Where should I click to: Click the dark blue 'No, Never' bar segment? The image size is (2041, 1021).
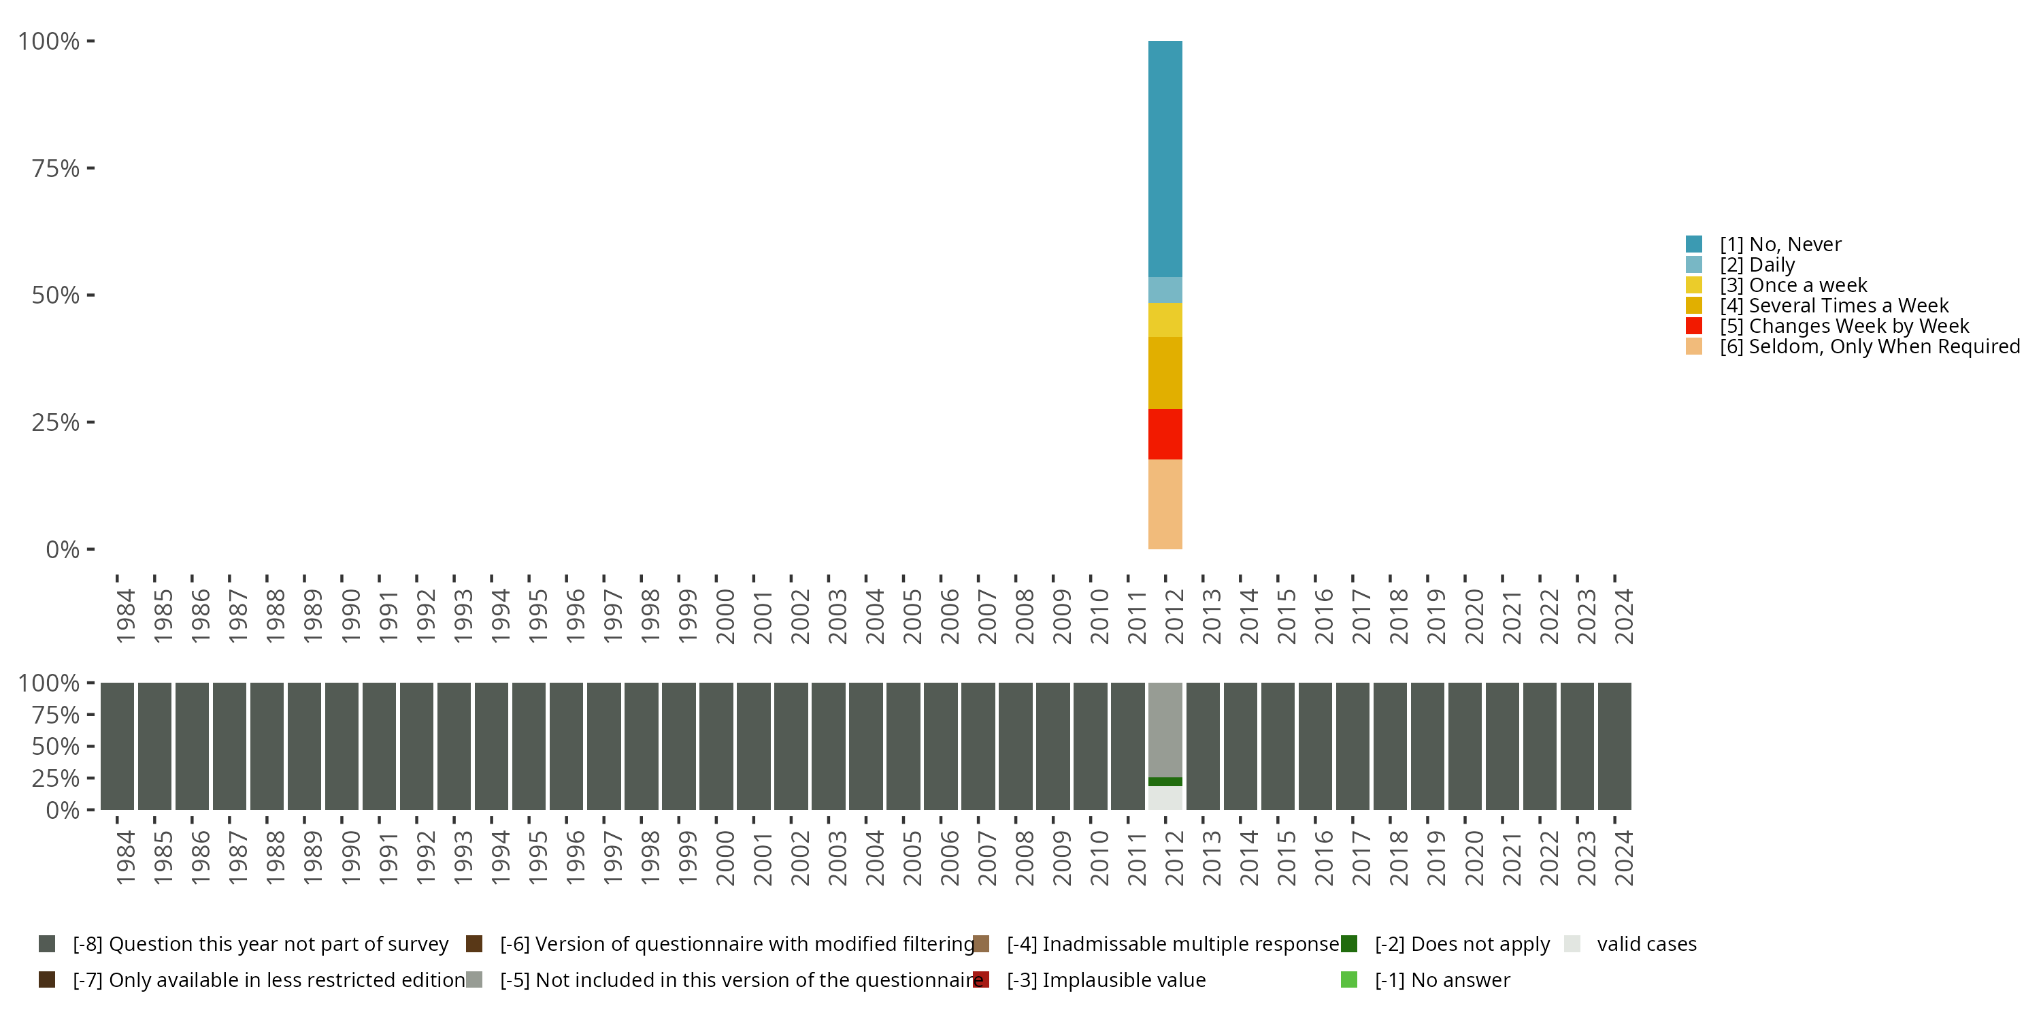pyautogui.click(x=1165, y=159)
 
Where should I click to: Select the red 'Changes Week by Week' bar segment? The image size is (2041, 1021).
pyautogui.click(x=1165, y=434)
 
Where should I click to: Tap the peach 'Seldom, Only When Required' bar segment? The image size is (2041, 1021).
pyautogui.click(x=1165, y=504)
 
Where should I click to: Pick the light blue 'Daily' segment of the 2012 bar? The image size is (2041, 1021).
pyautogui.click(x=1165, y=289)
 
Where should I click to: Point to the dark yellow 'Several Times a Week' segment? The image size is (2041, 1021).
pyautogui.click(x=1165, y=372)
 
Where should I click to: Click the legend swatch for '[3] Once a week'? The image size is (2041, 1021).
pyautogui.click(x=1693, y=285)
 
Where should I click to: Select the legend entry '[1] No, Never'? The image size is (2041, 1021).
pyautogui.click(x=1780, y=244)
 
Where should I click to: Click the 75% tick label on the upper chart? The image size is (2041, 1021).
pyautogui.click(x=56, y=168)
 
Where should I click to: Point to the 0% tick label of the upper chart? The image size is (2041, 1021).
pyautogui.click(x=63, y=549)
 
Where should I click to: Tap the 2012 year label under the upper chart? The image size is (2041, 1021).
pyautogui.click(x=1174, y=616)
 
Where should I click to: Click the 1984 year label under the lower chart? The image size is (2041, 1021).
pyautogui.click(x=125, y=858)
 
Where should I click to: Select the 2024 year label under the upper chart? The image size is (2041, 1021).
pyautogui.click(x=1623, y=616)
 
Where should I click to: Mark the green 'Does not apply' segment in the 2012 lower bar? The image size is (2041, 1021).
pyautogui.click(x=1165, y=781)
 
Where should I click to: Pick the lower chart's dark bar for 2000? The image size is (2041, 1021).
pyautogui.click(x=716, y=746)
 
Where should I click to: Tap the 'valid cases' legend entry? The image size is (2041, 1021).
pyautogui.click(x=1646, y=944)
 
